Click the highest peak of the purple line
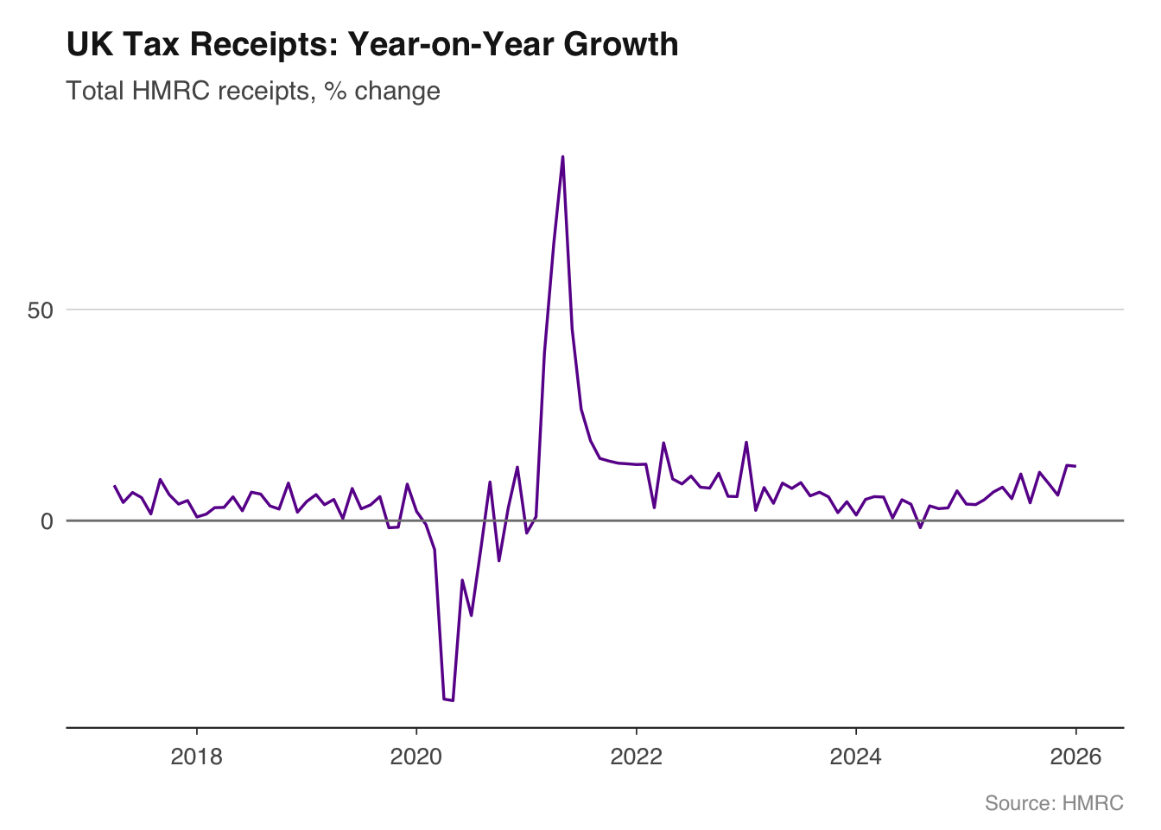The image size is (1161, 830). [562, 156]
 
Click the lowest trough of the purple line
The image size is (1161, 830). [452, 700]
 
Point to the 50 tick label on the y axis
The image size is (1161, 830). [41, 310]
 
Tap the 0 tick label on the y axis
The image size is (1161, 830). [48, 521]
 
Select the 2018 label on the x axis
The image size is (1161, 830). [197, 757]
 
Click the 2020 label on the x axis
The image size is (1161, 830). [416, 757]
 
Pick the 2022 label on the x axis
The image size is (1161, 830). [636, 757]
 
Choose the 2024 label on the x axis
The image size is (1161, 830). [855, 757]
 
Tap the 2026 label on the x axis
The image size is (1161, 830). [1075, 757]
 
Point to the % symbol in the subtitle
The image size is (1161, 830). [334, 91]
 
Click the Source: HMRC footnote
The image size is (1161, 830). [1054, 803]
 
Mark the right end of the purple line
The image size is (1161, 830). [1075, 466]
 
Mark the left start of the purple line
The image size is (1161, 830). [115, 486]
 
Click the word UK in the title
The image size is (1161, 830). [90, 45]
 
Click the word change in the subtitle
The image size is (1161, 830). [397, 91]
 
